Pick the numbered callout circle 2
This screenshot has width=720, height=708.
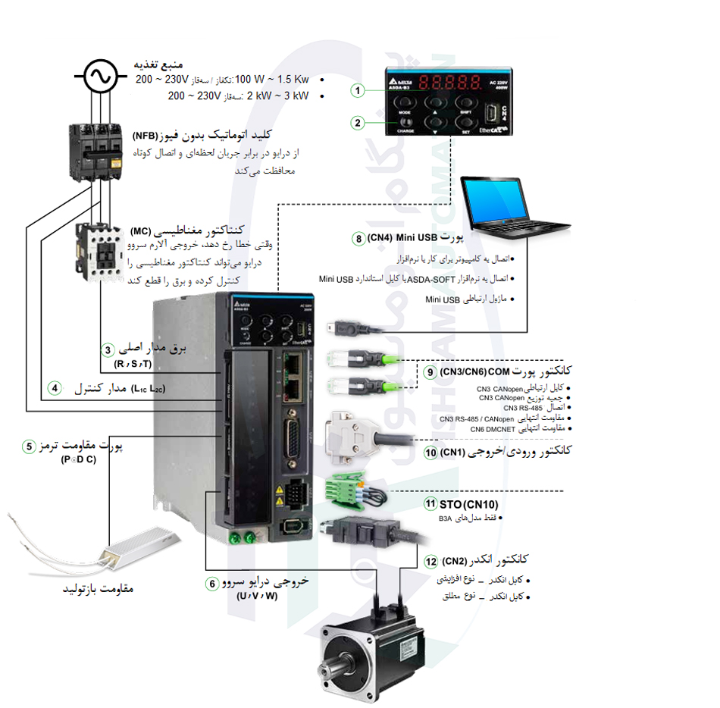(x=358, y=122)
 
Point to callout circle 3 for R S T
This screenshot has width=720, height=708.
(x=108, y=350)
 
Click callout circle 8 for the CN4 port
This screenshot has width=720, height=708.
(x=358, y=238)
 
